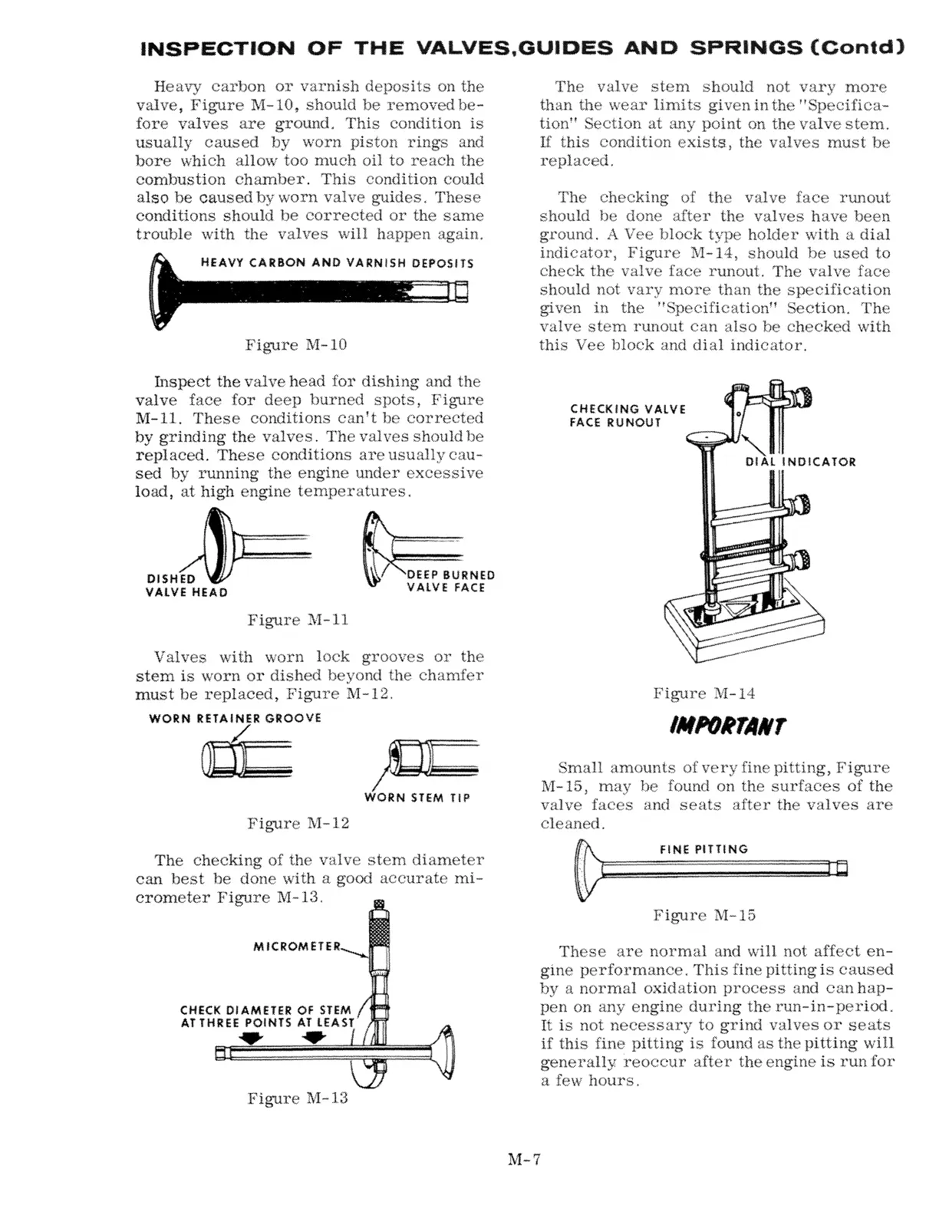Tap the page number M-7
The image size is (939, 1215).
coord(525,1159)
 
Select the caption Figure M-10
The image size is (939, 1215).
coord(296,344)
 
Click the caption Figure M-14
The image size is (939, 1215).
coord(703,693)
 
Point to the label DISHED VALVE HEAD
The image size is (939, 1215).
coord(186,585)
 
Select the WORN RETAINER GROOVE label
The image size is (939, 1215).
coord(235,719)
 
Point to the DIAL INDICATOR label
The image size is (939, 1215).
coord(800,462)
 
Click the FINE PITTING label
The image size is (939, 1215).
coord(703,849)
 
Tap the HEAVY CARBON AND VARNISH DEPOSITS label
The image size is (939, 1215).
coord(337,263)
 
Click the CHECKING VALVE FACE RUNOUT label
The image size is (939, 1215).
coord(628,415)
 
